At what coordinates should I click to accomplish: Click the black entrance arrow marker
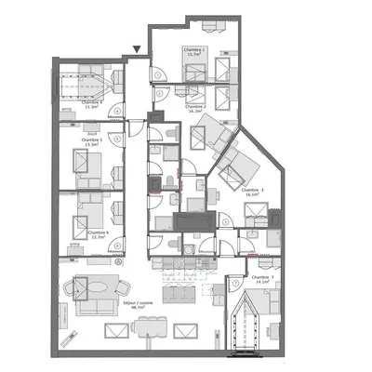pos(138,49)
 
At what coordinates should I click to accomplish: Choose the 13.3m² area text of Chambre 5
pos(91,145)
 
